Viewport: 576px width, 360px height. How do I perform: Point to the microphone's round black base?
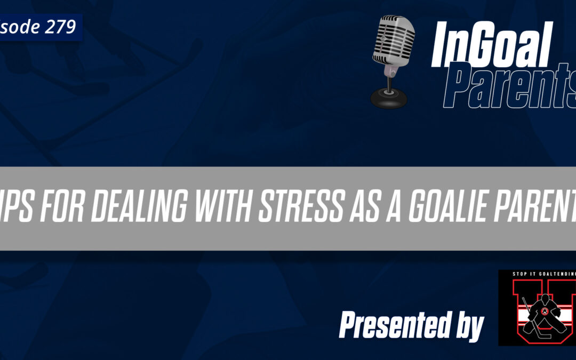[388, 98]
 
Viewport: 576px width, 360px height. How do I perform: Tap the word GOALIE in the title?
[456, 209]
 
